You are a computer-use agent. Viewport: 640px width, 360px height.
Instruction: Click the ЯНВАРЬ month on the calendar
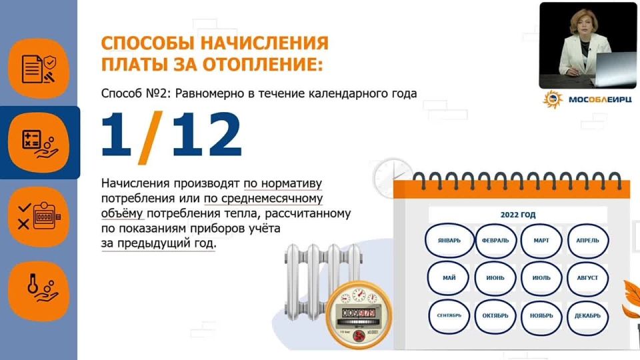[x=449, y=241]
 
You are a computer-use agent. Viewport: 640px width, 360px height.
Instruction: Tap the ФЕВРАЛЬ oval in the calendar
[x=495, y=241]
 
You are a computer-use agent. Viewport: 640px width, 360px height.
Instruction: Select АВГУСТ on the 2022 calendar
[x=587, y=278]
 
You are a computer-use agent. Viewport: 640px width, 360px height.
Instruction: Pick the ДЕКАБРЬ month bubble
[x=587, y=316]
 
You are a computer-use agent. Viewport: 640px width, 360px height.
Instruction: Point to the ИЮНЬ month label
[x=495, y=278]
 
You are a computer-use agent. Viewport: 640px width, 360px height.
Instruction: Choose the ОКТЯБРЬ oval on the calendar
[x=495, y=316]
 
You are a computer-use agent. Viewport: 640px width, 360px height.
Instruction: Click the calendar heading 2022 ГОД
[x=518, y=215]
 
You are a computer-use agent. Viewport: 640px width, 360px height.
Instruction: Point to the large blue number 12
[x=207, y=134]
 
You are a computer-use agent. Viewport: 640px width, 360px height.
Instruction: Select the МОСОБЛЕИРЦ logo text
[x=600, y=99]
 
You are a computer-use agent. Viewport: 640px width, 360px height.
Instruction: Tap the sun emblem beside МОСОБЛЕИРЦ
[x=553, y=99]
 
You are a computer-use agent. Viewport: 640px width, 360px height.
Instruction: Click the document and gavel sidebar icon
[x=39, y=69]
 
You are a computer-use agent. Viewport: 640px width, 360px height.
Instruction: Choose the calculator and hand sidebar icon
[x=39, y=143]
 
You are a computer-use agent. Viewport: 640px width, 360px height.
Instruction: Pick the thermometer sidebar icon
[x=39, y=291]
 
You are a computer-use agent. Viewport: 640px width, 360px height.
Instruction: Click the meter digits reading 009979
[x=359, y=313]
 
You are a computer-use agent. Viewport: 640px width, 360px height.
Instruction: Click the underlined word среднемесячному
[x=263, y=199]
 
